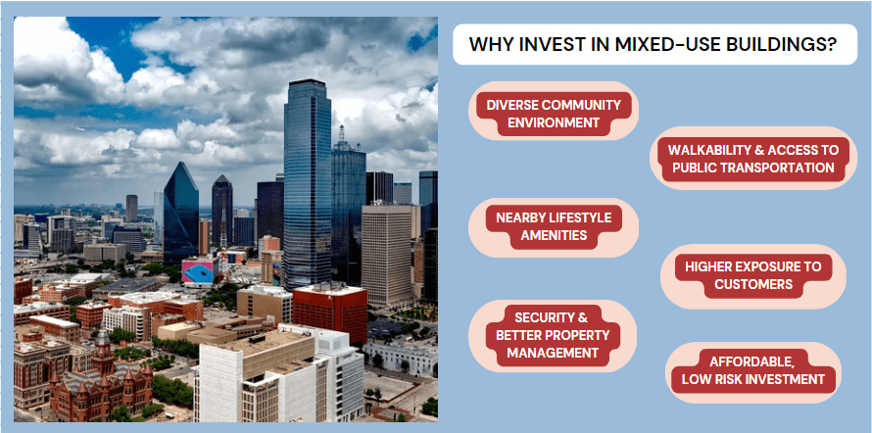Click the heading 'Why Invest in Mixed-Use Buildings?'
[654, 44]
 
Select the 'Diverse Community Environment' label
[554, 114]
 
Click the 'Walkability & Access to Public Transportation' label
[753, 159]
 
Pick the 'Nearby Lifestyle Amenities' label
[554, 226]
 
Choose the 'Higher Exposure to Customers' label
[753, 275]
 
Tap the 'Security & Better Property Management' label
[553, 335]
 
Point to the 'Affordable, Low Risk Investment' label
[753, 370]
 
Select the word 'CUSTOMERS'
[753, 285]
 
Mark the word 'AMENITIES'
[554, 235]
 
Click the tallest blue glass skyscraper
[307, 183]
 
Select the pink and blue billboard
[200, 271]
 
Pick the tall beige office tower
[388, 256]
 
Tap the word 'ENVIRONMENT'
[554, 122]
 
